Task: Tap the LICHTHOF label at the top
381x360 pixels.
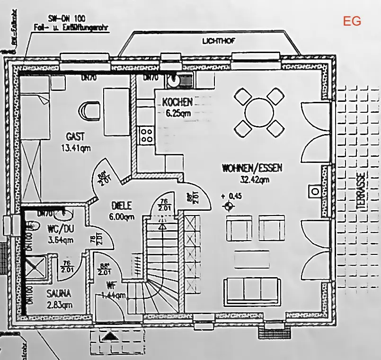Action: coord(217,41)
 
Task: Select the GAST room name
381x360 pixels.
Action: coord(76,137)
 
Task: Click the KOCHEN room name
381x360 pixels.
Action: coord(177,102)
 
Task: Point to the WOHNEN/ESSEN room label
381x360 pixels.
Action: coord(252,168)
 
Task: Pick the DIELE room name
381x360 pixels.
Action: coord(122,206)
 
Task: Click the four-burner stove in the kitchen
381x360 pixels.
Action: coord(146,135)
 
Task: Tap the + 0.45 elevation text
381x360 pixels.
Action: coord(231,196)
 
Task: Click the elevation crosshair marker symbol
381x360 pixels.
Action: coord(229,206)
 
